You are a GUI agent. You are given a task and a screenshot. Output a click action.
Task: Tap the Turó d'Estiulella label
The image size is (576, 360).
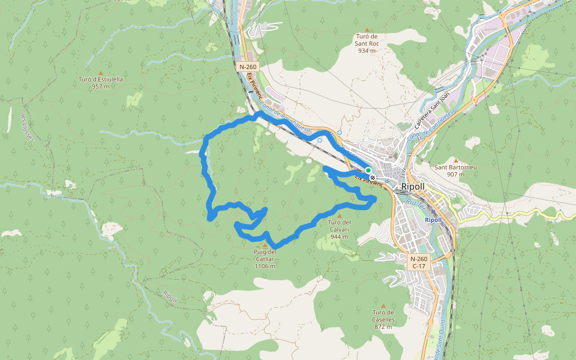[x=101, y=79]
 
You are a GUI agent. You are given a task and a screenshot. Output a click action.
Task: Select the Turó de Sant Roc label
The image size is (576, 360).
[x=367, y=43]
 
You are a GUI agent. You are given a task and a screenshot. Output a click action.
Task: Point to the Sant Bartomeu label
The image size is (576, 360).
[x=455, y=167]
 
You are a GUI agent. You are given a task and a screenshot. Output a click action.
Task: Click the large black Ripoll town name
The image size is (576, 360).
[x=413, y=187]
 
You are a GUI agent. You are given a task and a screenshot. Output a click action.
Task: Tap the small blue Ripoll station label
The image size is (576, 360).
[x=433, y=220]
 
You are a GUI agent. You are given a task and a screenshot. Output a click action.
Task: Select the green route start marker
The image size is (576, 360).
[x=368, y=170]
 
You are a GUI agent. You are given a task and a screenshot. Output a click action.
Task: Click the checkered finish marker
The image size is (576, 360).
[x=373, y=178]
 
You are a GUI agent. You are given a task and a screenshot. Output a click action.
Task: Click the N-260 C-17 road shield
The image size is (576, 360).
[x=419, y=262]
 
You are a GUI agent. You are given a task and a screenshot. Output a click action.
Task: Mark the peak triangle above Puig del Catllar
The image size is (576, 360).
[x=265, y=245]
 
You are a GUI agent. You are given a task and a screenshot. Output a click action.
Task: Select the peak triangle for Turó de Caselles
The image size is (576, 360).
[x=383, y=305]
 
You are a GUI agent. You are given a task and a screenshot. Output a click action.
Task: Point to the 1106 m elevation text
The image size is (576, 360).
[x=265, y=266]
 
